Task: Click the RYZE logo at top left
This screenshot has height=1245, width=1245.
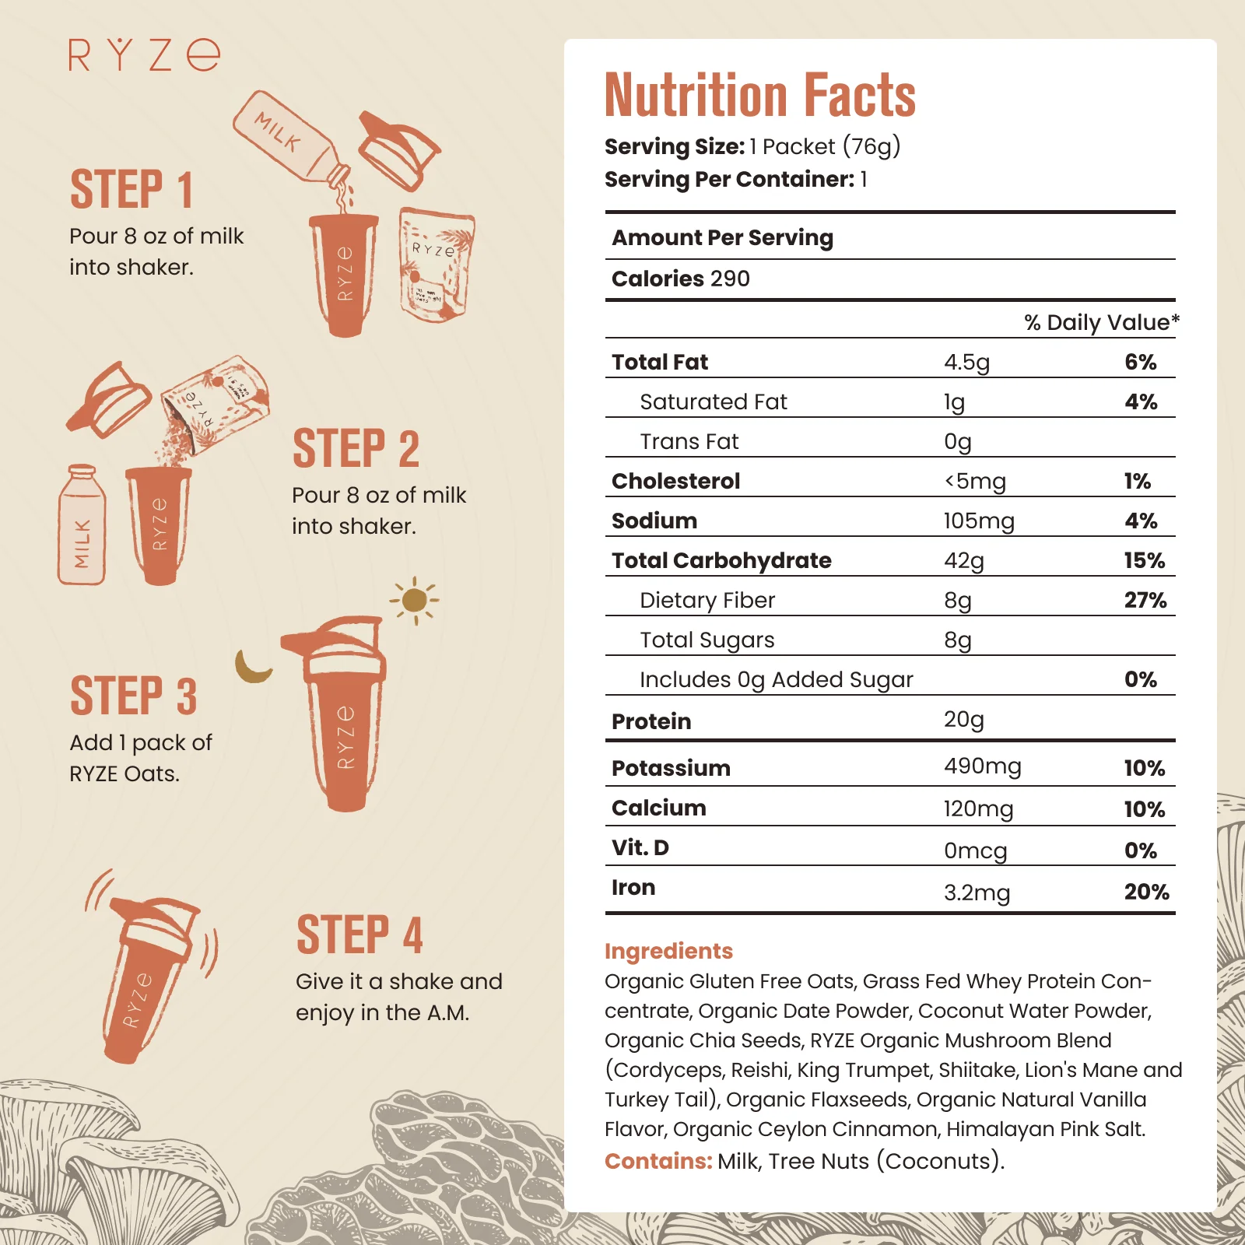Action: coord(145,55)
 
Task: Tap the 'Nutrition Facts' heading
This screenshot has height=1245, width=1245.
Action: coord(760,95)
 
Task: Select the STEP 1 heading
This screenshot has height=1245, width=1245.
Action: coord(132,190)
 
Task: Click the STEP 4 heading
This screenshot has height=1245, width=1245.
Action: coord(359,935)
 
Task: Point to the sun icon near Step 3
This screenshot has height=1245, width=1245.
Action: coord(415,600)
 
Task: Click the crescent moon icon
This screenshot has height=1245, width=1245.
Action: coord(251,668)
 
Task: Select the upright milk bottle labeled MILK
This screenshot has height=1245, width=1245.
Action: coord(82,525)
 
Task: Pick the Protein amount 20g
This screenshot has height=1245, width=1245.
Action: coord(963,720)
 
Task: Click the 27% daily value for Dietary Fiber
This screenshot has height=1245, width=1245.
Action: coord(1145,600)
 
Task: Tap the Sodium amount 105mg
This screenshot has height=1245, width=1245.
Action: coord(978,521)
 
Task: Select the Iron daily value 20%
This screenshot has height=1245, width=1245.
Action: coord(1146,892)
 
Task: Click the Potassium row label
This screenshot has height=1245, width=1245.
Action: coord(671,768)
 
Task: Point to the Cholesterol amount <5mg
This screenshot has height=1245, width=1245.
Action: coord(975,481)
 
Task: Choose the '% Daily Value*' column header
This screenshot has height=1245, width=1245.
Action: coord(1101,322)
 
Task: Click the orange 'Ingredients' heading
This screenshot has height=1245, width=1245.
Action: coord(668,951)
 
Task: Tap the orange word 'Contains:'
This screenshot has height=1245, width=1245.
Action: coord(658,1161)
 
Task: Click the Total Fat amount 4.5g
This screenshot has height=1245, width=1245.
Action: coord(966,362)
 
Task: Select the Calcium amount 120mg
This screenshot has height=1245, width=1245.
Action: coord(978,808)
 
